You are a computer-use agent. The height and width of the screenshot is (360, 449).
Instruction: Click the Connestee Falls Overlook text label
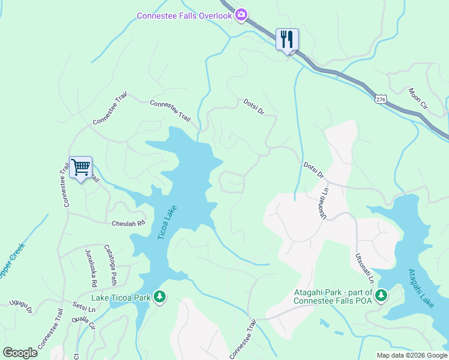(184, 16)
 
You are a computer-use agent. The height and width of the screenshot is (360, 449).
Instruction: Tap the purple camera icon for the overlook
(241, 15)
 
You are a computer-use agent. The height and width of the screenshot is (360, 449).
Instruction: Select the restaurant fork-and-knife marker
(287, 40)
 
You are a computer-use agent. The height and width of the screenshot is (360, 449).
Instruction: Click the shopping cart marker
(81, 167)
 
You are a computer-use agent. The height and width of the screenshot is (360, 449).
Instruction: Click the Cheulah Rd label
(128, 224)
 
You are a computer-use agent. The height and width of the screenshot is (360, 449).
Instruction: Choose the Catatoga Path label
(112, 265)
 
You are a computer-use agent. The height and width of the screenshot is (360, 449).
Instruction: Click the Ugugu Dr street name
(20, 307)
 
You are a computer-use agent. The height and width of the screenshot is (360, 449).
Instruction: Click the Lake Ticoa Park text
(120, 297)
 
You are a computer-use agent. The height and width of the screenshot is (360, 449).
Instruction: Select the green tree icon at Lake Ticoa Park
(159, 296)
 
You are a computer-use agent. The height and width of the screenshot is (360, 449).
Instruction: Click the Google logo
(20, 353)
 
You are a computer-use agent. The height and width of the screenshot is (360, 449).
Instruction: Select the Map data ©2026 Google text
(411, 355)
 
